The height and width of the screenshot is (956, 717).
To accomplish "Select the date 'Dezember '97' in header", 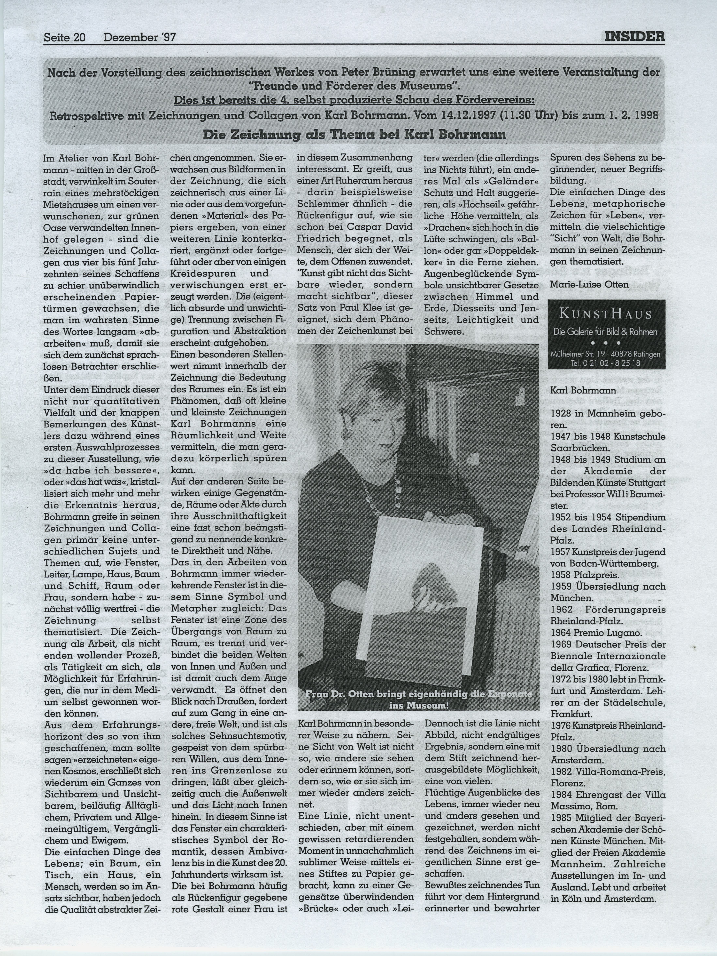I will (x=139, y=38).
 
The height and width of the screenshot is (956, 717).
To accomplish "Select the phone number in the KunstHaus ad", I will (x=606, y=363).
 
